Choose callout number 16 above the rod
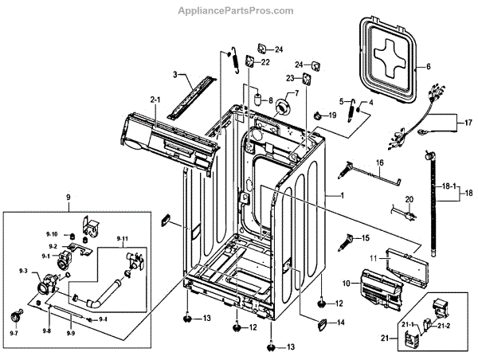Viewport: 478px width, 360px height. pos(379,162)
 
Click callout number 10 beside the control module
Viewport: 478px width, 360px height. pos(347,283)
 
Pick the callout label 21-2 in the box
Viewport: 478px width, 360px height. pos(443,326)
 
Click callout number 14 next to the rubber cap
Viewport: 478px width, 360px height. pos(340,323)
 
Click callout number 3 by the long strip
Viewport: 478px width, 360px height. pos(174,75)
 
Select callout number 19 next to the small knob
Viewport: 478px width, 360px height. pos(333,116)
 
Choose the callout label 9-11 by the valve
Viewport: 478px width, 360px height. pos(123,239)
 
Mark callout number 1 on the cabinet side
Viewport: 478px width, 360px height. pos(342,196)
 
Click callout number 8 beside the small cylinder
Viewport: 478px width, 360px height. pos(270,100)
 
